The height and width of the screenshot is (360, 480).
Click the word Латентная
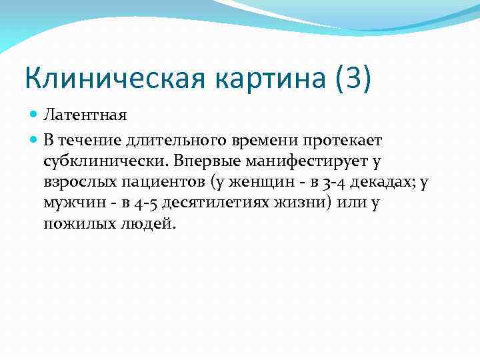[x=85, y=115]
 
